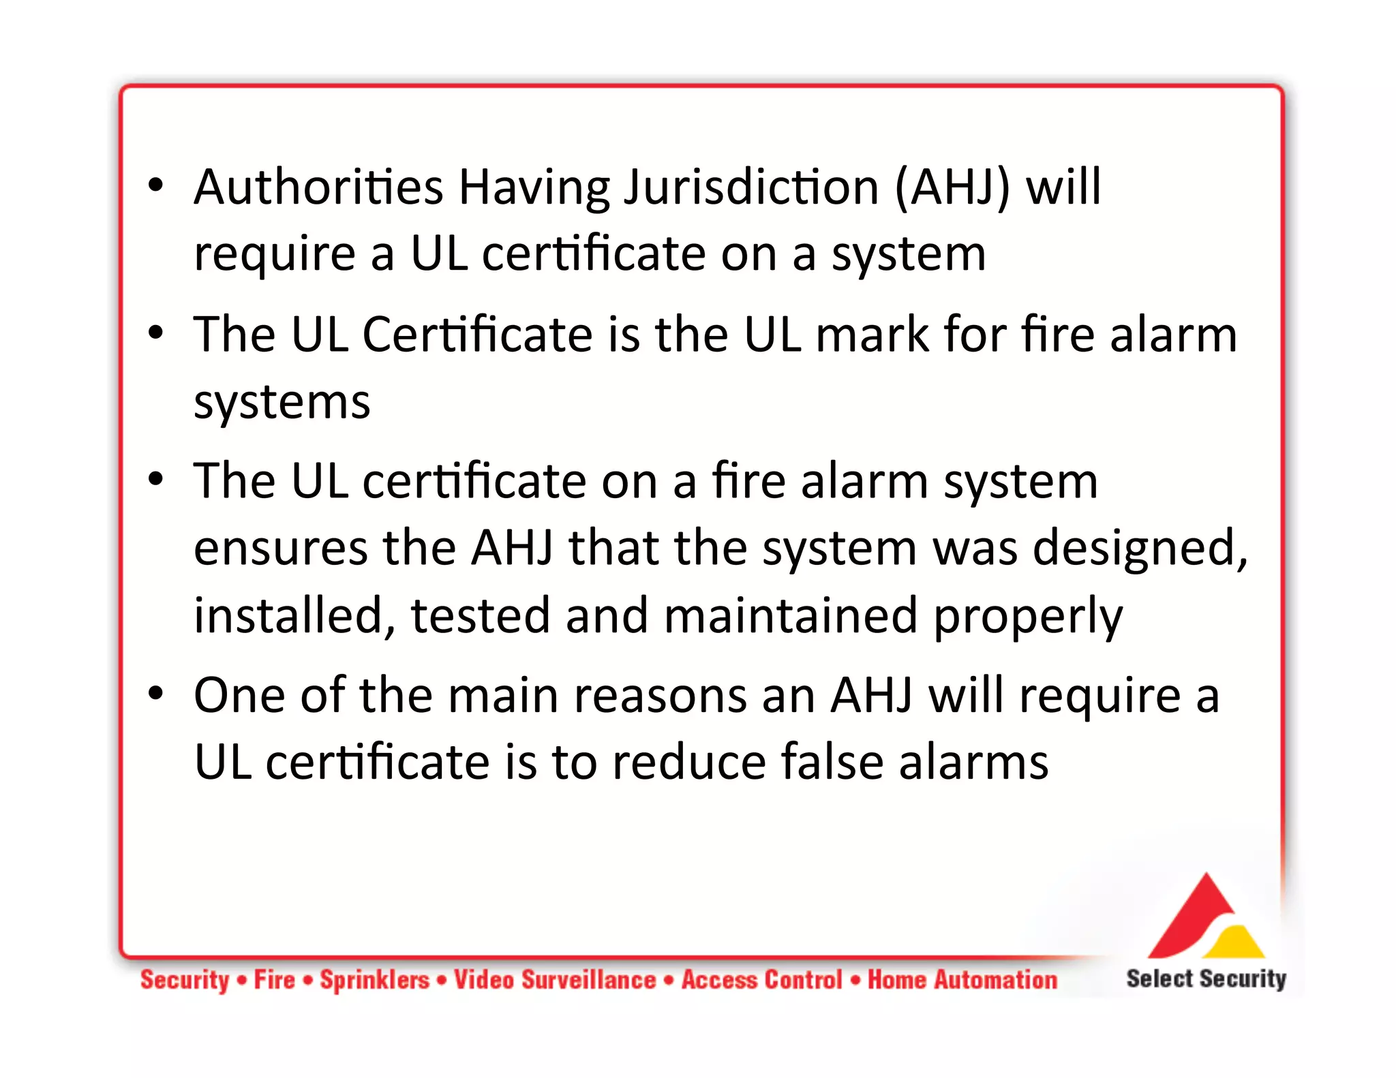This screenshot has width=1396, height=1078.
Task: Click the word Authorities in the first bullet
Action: point(318,187)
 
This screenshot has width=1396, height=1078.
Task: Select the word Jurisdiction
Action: point(752,187)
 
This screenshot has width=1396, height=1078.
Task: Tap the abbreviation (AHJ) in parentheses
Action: point(952,187)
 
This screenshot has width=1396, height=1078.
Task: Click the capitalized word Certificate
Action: point(477,335)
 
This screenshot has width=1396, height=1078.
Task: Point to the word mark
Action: point(872,335)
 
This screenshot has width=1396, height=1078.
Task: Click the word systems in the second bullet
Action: point(282,402)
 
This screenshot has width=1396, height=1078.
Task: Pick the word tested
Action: point(480,616)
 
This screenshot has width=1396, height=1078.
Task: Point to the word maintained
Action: point(791,616)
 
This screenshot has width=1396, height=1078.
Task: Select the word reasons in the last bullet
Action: point(661,696)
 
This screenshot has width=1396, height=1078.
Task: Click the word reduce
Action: point(688,763)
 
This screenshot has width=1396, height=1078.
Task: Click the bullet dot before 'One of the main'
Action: point(156,694)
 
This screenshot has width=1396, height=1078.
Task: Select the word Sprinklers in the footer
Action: point(375,980)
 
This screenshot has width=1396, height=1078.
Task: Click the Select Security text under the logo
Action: point(1206,979)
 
